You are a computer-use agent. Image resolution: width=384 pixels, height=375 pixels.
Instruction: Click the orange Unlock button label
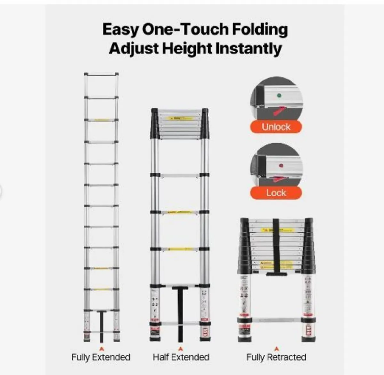(x=276, y=127)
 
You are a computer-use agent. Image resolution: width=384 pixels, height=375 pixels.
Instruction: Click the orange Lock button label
(x=276, y=193)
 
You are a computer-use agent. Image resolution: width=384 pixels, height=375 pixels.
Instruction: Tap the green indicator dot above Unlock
(x=279, y=95)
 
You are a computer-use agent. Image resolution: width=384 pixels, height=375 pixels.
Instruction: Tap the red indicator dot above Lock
(x=281, y=166)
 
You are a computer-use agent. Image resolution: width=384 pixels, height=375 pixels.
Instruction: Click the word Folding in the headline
(x=260, y=29)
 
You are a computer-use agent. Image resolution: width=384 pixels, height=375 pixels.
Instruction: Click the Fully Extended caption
(x=101, y=357)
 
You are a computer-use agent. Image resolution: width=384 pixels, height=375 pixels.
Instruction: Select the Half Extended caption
(x=181, y=357)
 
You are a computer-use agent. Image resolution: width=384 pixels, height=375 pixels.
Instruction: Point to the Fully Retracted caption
(x=276, y=357)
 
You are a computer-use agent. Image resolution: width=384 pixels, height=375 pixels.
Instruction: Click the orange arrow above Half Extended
(x=181, y=348)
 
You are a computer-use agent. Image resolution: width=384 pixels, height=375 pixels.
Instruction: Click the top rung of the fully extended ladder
(x=101, y=75)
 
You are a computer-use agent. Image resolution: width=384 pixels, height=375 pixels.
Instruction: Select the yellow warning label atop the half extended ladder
(x=180, y=118)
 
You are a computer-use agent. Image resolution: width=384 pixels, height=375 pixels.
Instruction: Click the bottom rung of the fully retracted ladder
(x=276, y=320)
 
